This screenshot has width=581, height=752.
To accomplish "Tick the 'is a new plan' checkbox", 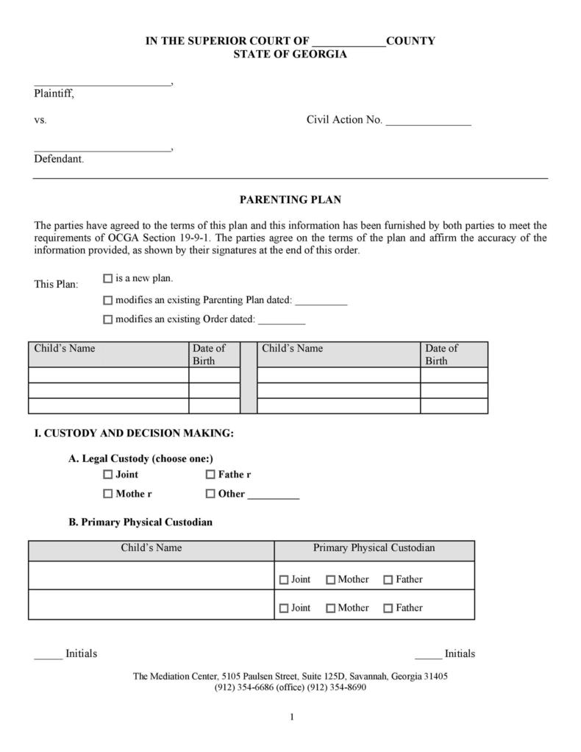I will click(x=107, y=279).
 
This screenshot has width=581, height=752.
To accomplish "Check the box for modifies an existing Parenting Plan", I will click(x=107, y=300).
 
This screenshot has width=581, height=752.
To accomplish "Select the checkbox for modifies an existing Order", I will click(x=107, y=319).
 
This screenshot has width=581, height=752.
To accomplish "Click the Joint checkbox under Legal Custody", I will click(x=108, y=475).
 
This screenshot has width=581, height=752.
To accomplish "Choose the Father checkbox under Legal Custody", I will click(x=210, y=475).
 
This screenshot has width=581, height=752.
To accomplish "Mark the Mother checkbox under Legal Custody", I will click(x=108, y=494).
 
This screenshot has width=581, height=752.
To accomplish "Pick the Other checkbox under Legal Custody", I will click(x=210, y=494).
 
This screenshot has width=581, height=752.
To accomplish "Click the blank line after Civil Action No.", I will click(x=428, y=123).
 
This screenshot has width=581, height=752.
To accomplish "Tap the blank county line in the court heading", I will click(x=349, y=43).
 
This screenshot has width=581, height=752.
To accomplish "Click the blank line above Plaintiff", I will click(x=101, y=84).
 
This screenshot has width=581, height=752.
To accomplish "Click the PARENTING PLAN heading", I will click(x=290, y=199).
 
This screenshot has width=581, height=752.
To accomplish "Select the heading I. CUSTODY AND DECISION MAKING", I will click(x=134, y=433).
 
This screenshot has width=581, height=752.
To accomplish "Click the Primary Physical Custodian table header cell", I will click(x=374, y=548).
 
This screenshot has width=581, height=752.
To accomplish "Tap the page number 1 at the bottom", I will click(x=292, y=717).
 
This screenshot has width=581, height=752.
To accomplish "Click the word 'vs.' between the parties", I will click(x=40, y=120).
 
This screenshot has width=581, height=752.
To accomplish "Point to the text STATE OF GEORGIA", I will click(x=290, y=54).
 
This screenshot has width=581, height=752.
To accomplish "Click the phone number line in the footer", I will click(x=290, y=687).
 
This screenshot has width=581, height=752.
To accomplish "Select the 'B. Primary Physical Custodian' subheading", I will click(x=140, y=522).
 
